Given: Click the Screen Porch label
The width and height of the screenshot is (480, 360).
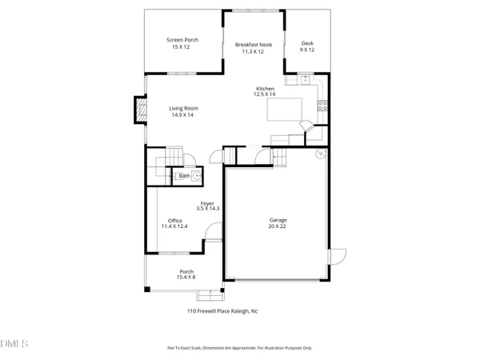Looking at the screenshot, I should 182,40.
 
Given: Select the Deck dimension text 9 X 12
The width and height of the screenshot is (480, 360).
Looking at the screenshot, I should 306,50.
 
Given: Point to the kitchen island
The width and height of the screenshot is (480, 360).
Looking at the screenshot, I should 283,110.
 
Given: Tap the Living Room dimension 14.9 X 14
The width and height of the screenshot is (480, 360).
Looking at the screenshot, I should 184,114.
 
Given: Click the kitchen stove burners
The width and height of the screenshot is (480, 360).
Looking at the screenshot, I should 322,105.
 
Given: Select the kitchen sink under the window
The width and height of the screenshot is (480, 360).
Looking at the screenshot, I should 305,81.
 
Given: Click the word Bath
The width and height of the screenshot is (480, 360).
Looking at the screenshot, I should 184,175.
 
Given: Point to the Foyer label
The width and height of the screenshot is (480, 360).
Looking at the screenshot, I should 206,203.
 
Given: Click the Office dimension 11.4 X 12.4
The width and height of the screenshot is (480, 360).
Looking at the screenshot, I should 174,226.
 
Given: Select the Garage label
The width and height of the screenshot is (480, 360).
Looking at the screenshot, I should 278,220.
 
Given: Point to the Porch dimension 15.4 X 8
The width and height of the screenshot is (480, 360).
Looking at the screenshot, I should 186,277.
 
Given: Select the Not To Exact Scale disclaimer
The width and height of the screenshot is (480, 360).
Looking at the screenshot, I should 239,348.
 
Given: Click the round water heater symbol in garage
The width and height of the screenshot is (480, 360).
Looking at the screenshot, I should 321,153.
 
